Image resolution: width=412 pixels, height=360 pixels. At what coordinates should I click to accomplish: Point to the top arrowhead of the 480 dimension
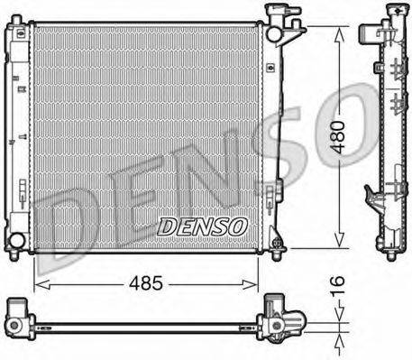pos(340,31)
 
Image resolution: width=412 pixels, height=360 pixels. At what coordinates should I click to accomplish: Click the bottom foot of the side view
pos(389,254)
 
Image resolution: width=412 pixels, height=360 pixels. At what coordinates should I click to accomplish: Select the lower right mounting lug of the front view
pos(277,242)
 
